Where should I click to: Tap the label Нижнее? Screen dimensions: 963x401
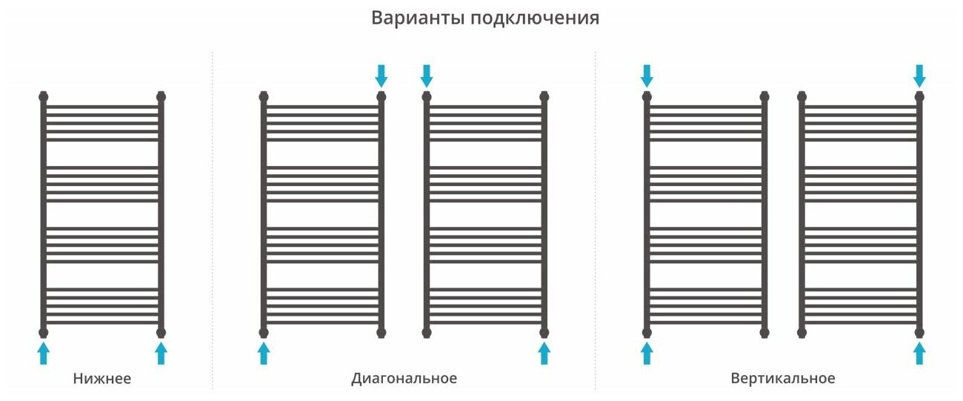(102, 379)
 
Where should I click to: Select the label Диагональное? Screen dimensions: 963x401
(404, 379)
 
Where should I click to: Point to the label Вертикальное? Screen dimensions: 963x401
(782, 379)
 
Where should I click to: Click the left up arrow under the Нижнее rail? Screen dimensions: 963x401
(43, 353)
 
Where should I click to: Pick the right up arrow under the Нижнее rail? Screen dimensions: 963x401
(161, 353)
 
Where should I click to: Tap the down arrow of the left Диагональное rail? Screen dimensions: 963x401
(381, 75)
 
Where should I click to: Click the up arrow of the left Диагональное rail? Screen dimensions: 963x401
(264, 353)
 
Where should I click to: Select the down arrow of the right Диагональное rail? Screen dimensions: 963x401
(427, 75)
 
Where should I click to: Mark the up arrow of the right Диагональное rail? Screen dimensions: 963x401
(544, 353)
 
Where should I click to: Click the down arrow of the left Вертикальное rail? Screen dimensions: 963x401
(647, 75)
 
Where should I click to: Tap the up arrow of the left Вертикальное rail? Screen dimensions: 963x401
(647, 353)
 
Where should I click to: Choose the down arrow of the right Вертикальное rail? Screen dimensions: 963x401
(919, 75)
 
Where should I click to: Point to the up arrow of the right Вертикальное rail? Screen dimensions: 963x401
(919, 353)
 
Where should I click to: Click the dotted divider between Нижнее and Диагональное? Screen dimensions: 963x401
(213, 222)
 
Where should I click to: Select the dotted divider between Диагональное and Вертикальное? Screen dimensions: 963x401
(595, 222)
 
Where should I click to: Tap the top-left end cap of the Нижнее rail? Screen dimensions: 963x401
(43, 96)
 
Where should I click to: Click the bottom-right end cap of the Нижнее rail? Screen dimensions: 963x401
(161, 332)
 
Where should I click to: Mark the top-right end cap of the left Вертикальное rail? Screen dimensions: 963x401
(764, 96)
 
